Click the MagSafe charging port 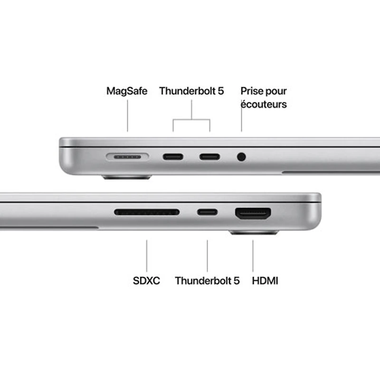click(127, 156)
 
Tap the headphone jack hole click(241, 156)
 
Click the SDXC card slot click(147, 212)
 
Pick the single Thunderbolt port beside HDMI click(208, 212)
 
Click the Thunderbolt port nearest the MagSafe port click(173, 156)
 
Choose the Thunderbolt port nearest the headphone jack click(209, 156)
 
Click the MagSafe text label click(127, 91)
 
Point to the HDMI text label click(265, 281)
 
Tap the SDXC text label click(146, 281)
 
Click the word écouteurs click(264, 104)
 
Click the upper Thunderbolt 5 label click(191, 91)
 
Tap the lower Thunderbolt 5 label click(207, 281)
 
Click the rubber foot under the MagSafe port click(127, 177)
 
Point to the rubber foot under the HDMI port click(254, 233)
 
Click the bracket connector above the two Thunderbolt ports click(191, 119)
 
